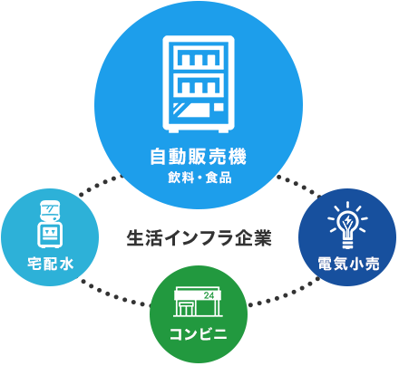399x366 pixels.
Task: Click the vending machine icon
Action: pos(199,84)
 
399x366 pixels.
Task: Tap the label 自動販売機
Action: pos(199,156)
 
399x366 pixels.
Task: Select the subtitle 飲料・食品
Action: pos(199,178)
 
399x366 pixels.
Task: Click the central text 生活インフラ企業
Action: pos(199,238)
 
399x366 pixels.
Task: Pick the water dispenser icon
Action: pos(50,224)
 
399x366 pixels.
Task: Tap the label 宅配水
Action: pos(50,264)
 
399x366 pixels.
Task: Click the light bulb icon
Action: pos(347,225)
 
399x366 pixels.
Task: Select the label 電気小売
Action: pos(348,264)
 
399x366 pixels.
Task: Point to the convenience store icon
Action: pos(199,302)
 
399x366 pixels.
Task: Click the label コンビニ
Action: pos(199,334)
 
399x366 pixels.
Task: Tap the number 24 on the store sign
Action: pos(209,295)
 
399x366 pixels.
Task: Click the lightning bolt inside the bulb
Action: pos(348,221)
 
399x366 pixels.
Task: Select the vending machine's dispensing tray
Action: pos(192,111)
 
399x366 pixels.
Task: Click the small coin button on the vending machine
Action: pos(219,107)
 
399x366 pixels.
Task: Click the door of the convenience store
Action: pos(184,309)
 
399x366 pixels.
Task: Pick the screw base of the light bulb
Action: pos(347,244)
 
